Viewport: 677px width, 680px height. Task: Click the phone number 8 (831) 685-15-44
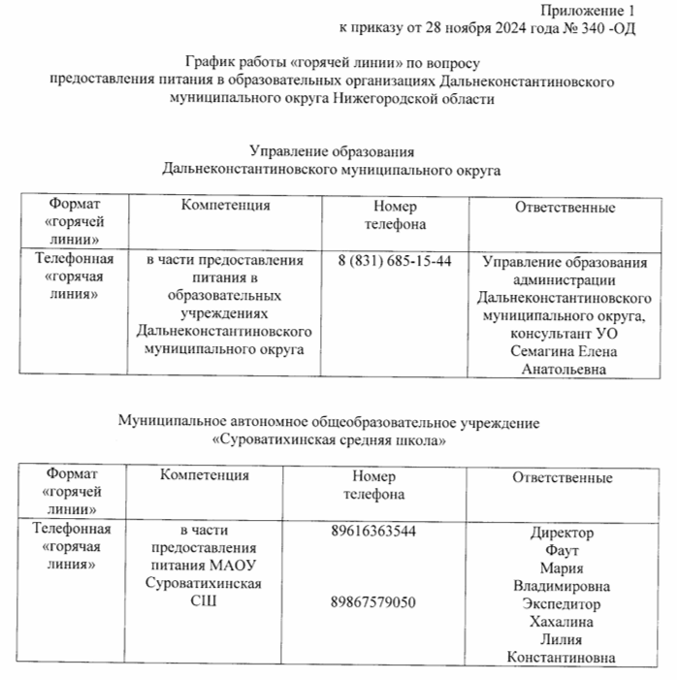tap(396, 263)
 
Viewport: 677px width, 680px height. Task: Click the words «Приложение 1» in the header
tap(592, 10)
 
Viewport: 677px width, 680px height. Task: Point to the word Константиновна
tap(562, 659)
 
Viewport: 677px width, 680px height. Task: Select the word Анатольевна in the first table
tap(564, 369)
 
